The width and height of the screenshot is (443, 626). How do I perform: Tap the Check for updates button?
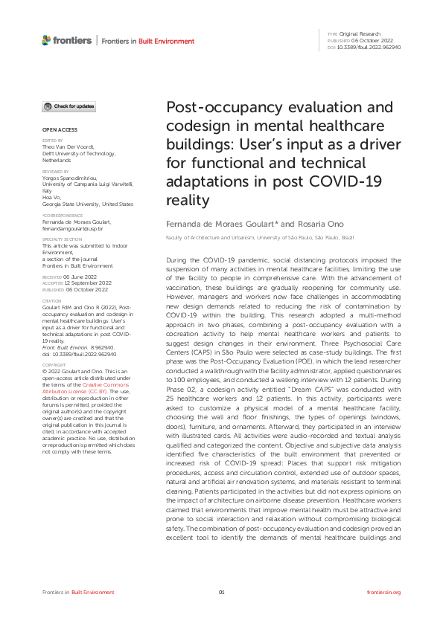click(x=68, y=106)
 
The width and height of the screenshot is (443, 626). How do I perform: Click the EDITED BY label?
click(x=52, y=140)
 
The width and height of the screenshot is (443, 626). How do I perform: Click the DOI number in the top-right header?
click(x=369, y=47)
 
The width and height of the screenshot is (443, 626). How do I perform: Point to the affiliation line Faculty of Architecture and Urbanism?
click(x=209, y=239)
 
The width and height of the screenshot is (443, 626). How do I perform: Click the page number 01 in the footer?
click(x=221, y=592)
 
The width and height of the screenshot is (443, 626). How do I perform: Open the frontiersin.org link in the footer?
click(x=384, y=592)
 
